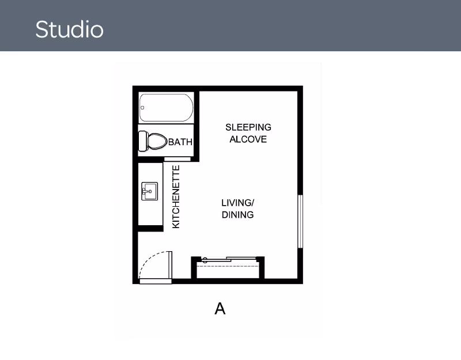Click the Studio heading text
(69, 29)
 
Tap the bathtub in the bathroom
(167, 108)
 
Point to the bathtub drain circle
(142, 108)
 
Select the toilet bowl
(157, 141)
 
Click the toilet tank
(143, 141)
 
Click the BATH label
(180, 142)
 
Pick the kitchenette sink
(150, 191)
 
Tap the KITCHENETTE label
(176, 197)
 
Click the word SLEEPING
(248, 127)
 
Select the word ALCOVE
(248, 139)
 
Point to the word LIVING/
(237, 203)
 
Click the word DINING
(237, 215)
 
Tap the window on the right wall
(300, 222)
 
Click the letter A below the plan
(220, 309)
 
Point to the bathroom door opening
(177, 159)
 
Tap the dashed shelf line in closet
(228, 266)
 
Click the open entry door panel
(170, 264)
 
